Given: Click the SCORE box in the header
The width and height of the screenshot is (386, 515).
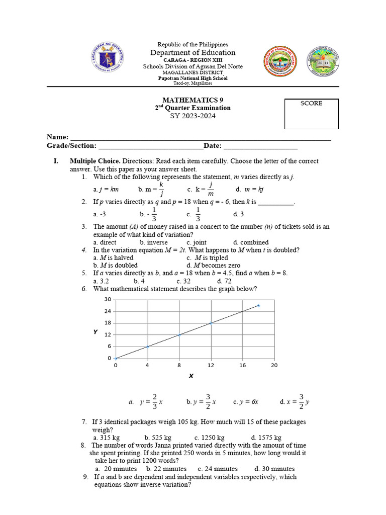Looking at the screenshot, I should pyautogui.click(x=311, y=114).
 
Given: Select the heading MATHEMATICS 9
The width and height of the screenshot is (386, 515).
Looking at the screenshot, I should pyautogui.click(x=192, y=100).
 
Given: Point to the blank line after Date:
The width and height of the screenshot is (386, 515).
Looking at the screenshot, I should pyautogui.click(x=260, y=146).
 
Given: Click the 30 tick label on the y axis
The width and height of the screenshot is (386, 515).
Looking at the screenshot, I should pyautogui.click(x=108, y=300).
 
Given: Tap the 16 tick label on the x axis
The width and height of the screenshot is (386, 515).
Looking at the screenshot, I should pyautogui.click(x=242, y=365).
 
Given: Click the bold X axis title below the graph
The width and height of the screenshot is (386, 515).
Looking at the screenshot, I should pyautogui.click(x=190, y=376).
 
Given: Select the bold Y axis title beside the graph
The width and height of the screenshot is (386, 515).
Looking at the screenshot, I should pyautogui.click(x=95, y=332).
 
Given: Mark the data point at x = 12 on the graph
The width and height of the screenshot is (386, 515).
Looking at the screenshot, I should pyautogui.click(x=211, y=323).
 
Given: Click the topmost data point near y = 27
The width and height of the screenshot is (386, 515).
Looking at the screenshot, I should pyautogui.click(x=258, y=305).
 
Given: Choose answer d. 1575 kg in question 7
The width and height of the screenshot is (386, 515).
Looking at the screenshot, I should pyautogui.click(x=266, y=438).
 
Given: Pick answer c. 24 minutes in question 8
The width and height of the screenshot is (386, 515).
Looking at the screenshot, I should pyautogui.click(x=218, y=469).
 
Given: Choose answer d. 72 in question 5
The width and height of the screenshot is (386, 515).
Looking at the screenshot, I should pyautogui.click(x=224, y=281).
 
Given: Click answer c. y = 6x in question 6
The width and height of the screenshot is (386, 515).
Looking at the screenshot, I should pyautogui.click(x=246, y=402).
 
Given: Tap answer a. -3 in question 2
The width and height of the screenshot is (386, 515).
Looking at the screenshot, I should pyautogui.click(x=99, y=214).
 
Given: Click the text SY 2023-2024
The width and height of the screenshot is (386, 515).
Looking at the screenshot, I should pyautogui.click(x=192, y=116).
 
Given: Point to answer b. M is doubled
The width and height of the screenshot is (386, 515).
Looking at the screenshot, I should pyautogui.click(x=115, y=266).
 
